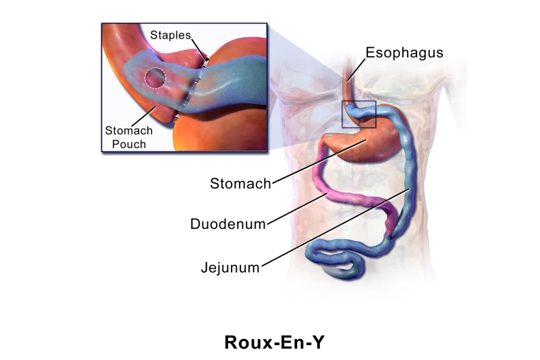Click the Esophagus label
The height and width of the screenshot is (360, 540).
404,53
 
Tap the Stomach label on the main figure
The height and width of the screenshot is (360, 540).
240,183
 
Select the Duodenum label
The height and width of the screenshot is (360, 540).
227,224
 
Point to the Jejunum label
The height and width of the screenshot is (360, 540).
230,267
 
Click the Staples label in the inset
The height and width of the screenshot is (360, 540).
170,34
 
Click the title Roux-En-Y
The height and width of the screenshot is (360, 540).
275,342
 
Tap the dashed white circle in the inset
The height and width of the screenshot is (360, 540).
156,78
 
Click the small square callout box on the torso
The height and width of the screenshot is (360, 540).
358,114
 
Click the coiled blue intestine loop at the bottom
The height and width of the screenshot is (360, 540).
337,260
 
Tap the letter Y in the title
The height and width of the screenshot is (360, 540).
319,342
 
